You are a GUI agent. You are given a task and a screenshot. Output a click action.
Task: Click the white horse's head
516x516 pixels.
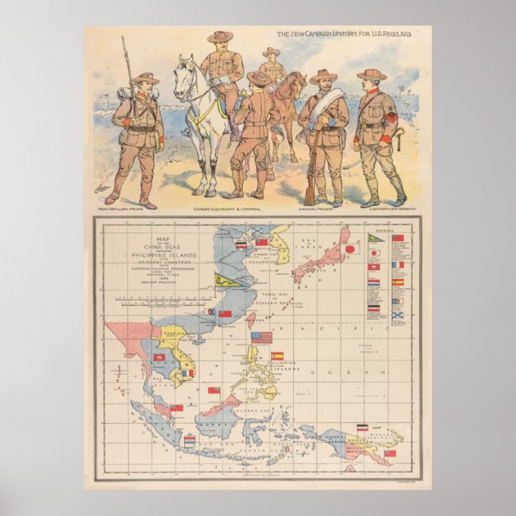(185, 71)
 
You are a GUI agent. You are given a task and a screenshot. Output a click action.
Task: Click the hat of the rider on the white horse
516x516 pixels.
(220, 36)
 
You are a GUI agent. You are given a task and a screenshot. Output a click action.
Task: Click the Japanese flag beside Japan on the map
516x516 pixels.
(349, 249)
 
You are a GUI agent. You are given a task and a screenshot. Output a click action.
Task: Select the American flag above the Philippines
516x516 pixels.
(261, 337)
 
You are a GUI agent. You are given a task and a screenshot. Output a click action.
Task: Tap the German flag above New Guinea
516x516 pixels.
(362, 427)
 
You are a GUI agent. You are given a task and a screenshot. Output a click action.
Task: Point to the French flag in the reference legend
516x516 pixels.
(397, 264)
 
